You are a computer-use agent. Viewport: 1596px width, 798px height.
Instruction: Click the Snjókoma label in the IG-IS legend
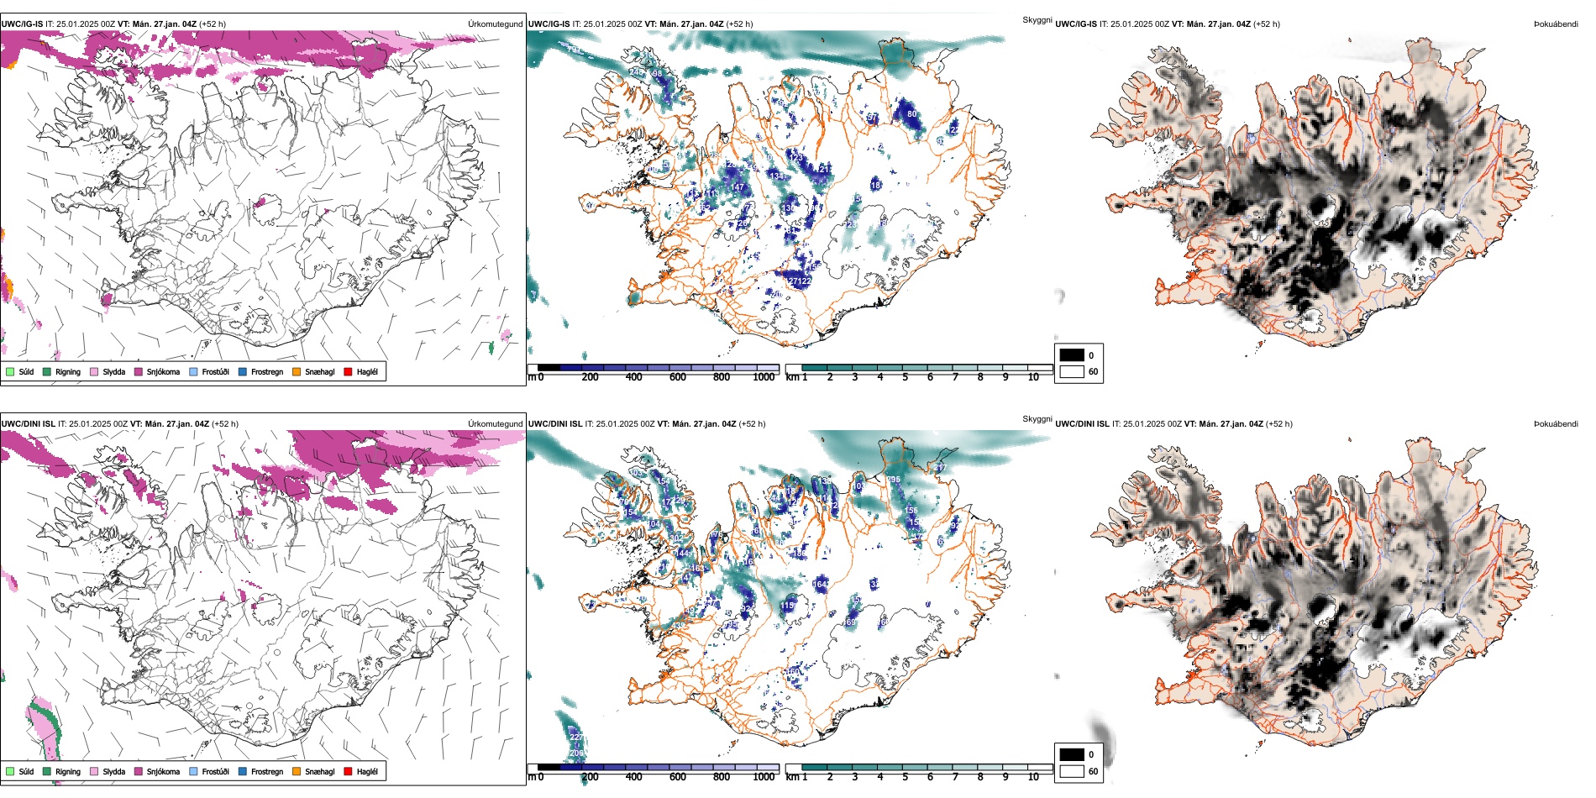[x=163, y=372]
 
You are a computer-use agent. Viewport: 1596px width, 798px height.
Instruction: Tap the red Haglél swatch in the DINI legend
[x=348, y=771]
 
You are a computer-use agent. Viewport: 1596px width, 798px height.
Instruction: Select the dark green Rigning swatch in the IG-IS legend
[x=47, y=371]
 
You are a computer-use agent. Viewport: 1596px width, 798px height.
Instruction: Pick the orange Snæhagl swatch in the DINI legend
[x=297, y=771]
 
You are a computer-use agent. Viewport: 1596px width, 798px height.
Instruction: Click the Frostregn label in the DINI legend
[x=267, y=772]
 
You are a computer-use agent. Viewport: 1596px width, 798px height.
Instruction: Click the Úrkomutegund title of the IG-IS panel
[x=495, y=24]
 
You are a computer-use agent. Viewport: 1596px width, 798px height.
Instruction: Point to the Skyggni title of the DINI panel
[x=1037, y=418]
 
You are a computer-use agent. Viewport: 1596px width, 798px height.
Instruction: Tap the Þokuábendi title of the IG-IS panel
[x=1556, y=24]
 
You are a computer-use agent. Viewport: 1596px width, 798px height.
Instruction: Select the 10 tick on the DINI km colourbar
[x=1033, y=777]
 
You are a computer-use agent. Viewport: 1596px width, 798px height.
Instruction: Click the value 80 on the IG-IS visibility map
[x=911, y=114]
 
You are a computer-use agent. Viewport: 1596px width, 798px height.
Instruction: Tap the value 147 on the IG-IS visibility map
[x=738, y=187]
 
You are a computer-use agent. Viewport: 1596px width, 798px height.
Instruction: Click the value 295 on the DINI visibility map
[x=893, y=480]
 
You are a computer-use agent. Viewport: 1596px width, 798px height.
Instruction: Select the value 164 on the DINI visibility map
[x=820, y=584]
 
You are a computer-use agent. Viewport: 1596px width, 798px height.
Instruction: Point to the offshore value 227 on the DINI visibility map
[x=576, y=738]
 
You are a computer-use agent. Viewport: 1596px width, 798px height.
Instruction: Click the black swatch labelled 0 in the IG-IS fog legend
[x=1071, y=355]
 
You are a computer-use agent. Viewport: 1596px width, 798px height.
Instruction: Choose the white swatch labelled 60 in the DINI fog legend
[x=1071, y=771]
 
